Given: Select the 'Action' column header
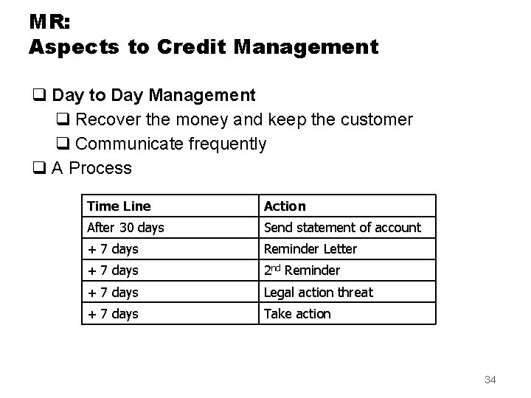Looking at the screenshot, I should tap(285, 206).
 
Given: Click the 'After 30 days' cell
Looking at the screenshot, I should tap(125, 228).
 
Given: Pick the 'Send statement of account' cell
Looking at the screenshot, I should tap(342, 228).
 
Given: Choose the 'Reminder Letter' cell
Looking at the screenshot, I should tap(310, 249).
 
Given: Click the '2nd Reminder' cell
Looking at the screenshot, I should tap(302, 270).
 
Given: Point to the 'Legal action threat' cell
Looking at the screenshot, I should tap(319, 292).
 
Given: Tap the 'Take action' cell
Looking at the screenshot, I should tap(297, 313).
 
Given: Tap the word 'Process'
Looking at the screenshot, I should tap(101, 168).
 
